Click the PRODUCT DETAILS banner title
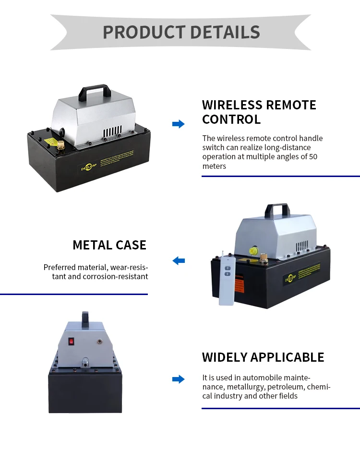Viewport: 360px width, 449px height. pyautogui.click(x=181, y=32)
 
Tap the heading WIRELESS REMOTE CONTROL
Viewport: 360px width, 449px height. pyautogui.click(x=259, y=112)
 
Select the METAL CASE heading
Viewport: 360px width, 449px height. pyautogui.click(x=109, y=245)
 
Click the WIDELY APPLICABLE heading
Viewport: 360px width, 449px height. pyautogui.click(x=263, y=357)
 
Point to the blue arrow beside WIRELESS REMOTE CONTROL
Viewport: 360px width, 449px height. pyautogui.click(x=178, y=124)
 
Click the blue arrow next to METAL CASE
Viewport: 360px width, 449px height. pyautogui.click(x=179, y=261)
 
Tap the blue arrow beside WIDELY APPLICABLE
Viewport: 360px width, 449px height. pyautogui.click(x=178, y=379)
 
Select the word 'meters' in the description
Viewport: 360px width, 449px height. pyautogui.click(x=214, y=166)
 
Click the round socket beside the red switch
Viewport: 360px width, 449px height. pyautogui.click(x=99, y=342)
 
